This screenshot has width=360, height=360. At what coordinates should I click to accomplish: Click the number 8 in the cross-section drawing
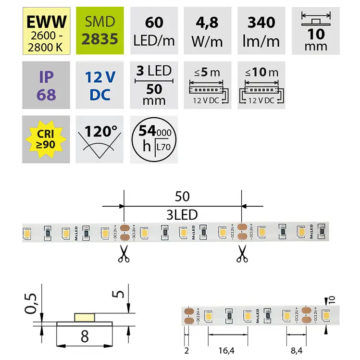(85, 336)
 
